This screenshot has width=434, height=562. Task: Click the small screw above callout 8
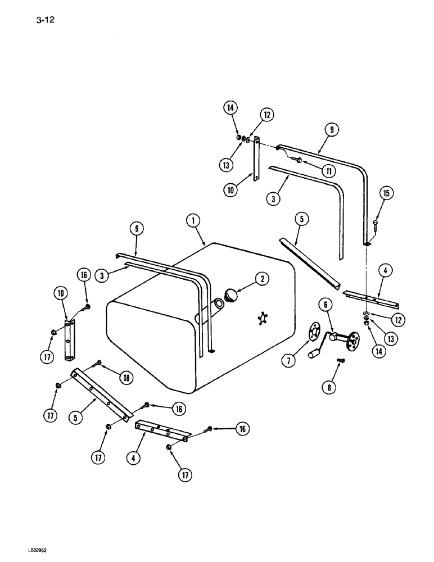341,360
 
